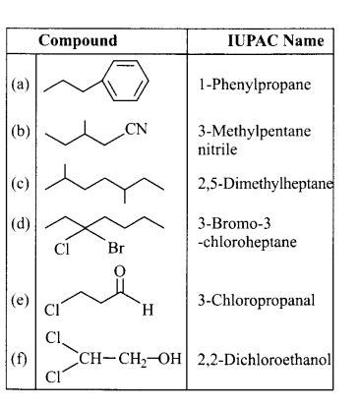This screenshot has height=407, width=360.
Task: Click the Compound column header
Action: (x=78, y=41)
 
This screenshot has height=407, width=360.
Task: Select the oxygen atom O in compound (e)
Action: (x=121, y=271)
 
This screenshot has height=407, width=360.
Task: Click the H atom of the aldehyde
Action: (x=147, y=310)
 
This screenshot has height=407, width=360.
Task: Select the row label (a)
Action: (x=17, y=85)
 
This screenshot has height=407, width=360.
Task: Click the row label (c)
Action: (x=17, y=182)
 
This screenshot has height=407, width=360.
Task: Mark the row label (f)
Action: (x=17, y=356)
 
